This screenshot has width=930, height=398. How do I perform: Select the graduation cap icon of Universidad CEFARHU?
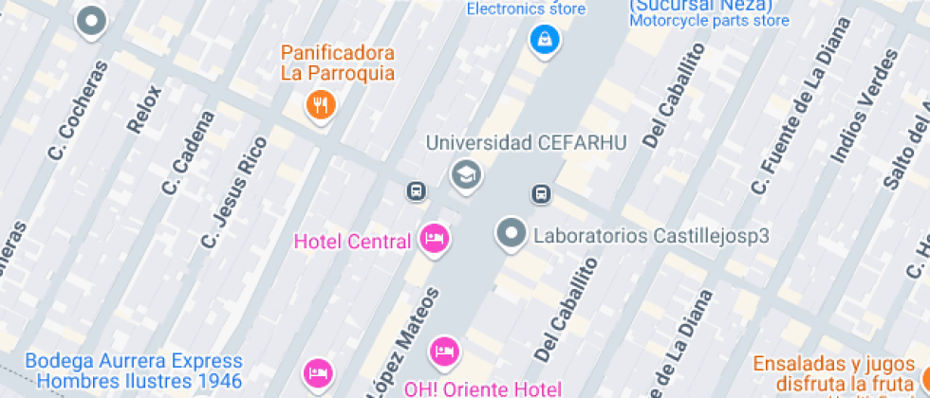click(465, 175)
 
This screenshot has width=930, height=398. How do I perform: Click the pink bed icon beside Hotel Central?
click(435, 240)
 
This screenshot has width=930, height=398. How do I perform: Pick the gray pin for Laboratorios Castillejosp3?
click(512, 233)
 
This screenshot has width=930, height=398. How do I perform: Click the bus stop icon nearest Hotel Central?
click(416, 190)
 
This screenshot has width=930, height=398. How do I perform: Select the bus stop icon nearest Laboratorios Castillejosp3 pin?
click(540, 194)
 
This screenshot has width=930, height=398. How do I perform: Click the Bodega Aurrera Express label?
click(133, 361)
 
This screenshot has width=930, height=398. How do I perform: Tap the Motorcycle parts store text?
click(709, 20)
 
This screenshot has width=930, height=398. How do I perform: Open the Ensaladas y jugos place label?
click(835, 364)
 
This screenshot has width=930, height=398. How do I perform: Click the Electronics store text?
click(525, 9)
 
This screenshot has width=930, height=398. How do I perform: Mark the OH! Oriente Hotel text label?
click(482, 389)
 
